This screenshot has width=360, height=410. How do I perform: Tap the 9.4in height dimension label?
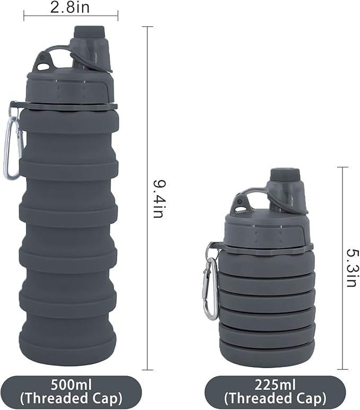pos(157,199)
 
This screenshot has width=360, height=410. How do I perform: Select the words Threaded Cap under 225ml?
pos(275,398)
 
